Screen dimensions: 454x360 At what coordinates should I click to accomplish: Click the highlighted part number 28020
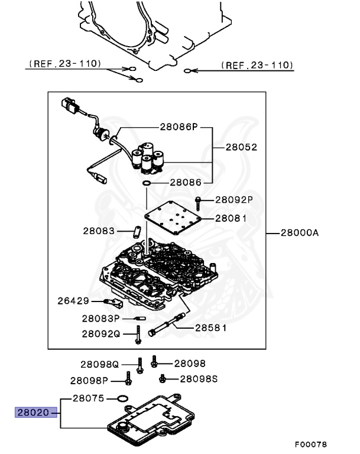(x=36, y=413)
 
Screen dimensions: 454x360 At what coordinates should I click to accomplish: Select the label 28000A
(x=298, y=233)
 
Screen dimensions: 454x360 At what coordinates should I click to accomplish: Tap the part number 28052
(x=241, y=147)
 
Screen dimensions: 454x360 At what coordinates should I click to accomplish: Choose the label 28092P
(x=233, y=200)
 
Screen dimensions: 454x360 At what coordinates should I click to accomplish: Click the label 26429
(x=73, y=301)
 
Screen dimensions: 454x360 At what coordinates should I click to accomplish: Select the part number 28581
(x=211, y=327)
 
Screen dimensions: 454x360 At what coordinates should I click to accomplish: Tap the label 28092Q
(x=101, y=333)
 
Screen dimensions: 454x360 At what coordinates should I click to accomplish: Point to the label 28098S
(x=199, y=378)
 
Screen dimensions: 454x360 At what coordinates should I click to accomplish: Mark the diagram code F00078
(x=311, y=444)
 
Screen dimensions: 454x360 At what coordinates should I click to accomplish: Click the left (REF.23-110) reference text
(x=64, y=63)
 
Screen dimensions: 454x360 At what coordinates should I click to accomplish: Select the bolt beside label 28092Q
(x=137, y=335)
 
